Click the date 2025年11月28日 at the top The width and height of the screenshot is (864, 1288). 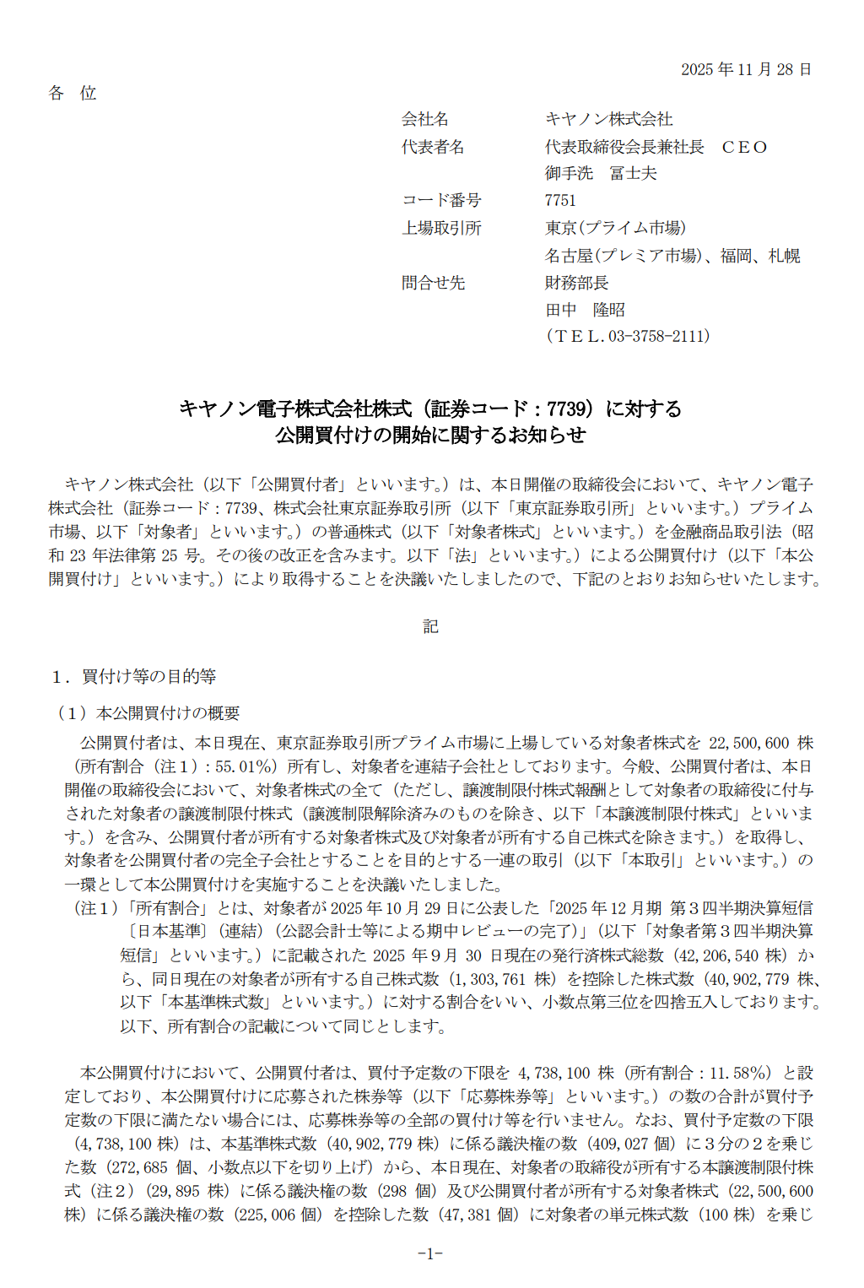(746, 69)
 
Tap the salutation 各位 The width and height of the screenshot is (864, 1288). (73, 93)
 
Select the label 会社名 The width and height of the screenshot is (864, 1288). (424, 119)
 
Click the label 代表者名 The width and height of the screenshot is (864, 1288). (433, 147)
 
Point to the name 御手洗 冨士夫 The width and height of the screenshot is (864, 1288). (600, 173)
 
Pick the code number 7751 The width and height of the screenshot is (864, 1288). (560, 200)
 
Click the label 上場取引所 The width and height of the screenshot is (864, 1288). (441, 228)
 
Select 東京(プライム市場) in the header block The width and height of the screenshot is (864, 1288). (615, 228)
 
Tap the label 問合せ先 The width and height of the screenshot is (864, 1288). (433, 283)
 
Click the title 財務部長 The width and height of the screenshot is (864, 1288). (576, 283)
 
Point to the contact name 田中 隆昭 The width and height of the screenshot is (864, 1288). (585, 310)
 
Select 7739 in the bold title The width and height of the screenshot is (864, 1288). (566, 409)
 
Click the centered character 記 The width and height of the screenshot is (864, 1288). (430, 626)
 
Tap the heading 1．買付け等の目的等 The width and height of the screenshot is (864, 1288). (133, 676)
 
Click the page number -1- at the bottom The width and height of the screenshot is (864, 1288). (430, 1253)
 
